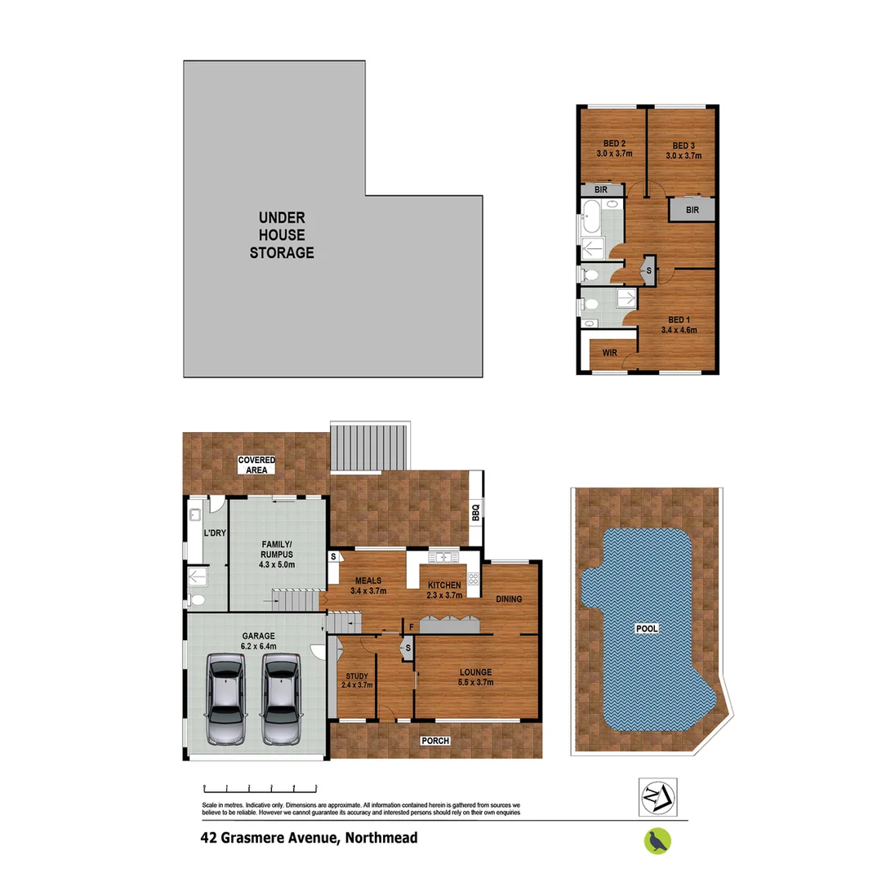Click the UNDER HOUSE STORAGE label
282,235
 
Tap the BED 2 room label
604,143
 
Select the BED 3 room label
684,143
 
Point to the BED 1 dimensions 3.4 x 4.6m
678,331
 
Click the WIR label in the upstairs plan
608,353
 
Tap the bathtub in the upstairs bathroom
590,224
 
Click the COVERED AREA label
256,465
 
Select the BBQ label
475,513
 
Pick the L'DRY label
215,533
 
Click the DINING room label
509,599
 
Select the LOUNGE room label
474,672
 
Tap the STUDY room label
356,676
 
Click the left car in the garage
225,699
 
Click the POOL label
648,629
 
